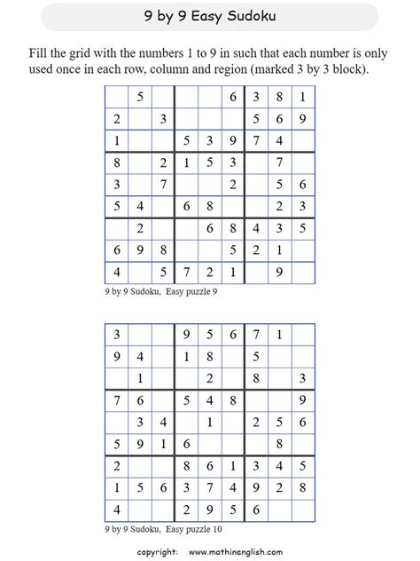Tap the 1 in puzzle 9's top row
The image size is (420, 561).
coord(303,97)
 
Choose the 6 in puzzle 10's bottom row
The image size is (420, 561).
coord(256,510)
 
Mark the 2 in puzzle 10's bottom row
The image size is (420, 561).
coord(186,510)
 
